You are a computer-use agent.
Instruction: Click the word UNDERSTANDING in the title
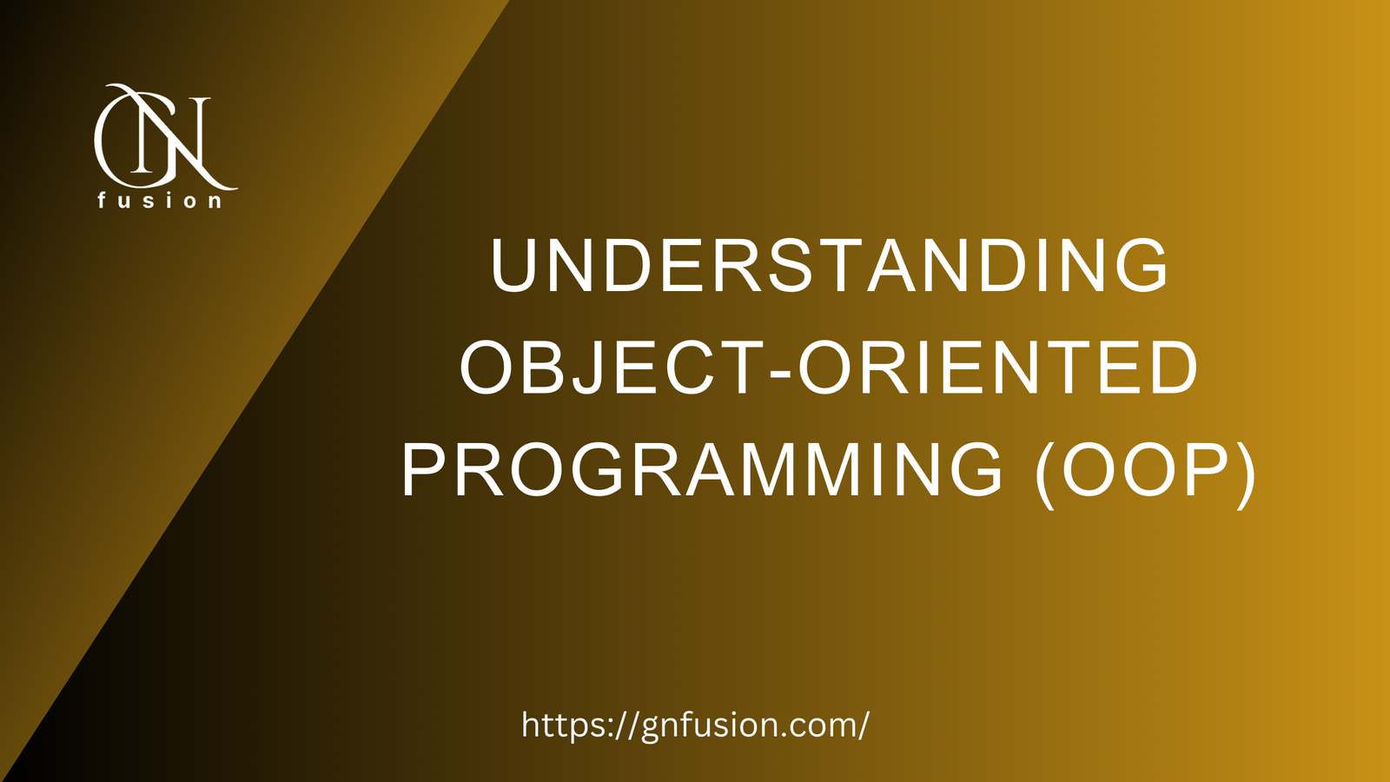pyautogui.click(x=830, y=265)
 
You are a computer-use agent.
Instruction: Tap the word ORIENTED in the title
pyautogui.click(x=998, y=368)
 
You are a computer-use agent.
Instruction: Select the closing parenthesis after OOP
pyautogui.click(x=1245, y=474)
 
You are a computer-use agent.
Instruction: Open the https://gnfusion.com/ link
pyautogui.click(x=695, y=725)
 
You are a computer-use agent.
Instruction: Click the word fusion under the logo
pyautogui.click(x=160, y=201)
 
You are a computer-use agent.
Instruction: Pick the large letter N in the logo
pyautogui.click(x=187, y=139)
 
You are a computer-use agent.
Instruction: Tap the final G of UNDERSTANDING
pyautogui.click(x=1141, y=265)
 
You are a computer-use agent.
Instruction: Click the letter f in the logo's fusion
pyautogui.click(x=103, y=200)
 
